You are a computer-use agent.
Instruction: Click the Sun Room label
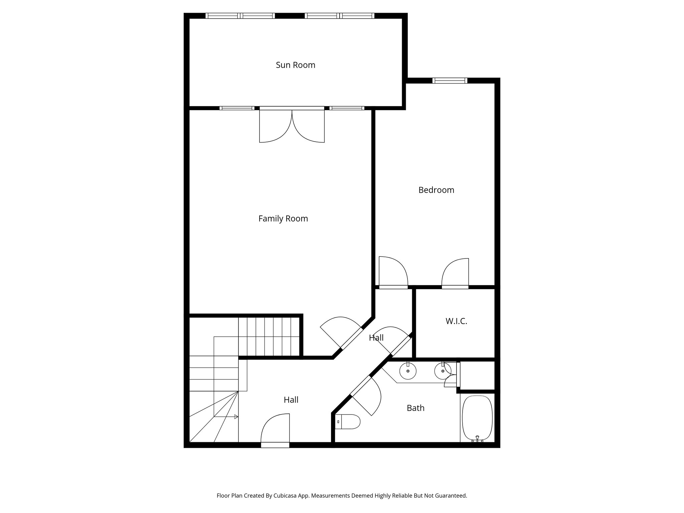[295, 65]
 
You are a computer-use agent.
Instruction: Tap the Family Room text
[283, 219]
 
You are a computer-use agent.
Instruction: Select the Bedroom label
[436, 190]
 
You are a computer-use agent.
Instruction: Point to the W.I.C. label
[456, 321]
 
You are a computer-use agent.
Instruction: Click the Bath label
[415, 408]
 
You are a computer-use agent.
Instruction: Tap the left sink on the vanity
[408, 371]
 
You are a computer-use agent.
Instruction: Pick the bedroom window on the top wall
[450, 80]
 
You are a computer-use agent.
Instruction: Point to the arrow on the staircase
[236, 416]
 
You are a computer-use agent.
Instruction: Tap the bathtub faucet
[477, 439]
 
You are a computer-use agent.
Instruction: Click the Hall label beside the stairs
[291, 400]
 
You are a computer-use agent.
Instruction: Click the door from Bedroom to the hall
[393, 272]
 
